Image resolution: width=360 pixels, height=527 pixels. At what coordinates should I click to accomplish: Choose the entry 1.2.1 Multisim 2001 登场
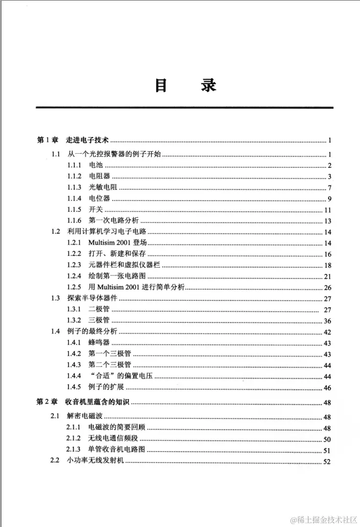pos(117,243)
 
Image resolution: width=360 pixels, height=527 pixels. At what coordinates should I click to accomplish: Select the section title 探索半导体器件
pos(93,298)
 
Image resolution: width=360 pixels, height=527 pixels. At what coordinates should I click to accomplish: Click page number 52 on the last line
pos(327,462)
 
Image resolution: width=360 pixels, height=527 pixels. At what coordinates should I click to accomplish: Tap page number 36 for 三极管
pos(327,321)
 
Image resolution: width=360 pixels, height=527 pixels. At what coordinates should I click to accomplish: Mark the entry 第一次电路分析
pos(113,221)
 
